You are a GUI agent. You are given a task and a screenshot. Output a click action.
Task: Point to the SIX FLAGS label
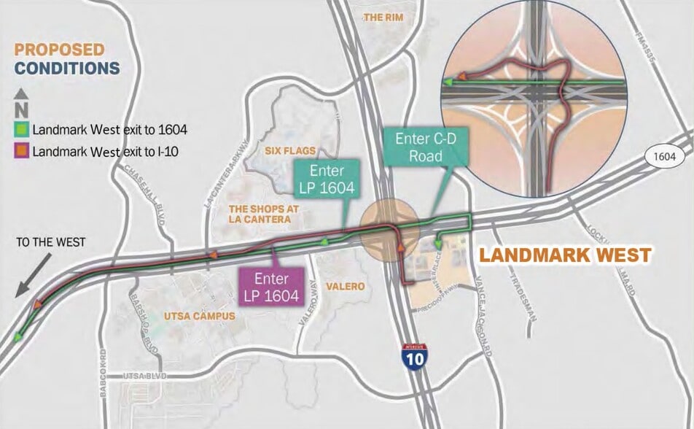[x=290, y=151]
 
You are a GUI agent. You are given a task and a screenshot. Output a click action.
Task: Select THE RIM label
[x=383, y=16]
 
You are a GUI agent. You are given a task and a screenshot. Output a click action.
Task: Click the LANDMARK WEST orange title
[x=564, y=256]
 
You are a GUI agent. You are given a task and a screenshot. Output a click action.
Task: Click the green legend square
[x=23, y=131]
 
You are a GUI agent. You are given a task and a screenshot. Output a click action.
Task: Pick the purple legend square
[x=23, y=152]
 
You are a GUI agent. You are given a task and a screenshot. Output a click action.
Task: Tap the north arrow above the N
[x=22, y=93]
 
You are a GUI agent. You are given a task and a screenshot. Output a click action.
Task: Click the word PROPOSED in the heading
[x=60, y=50]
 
